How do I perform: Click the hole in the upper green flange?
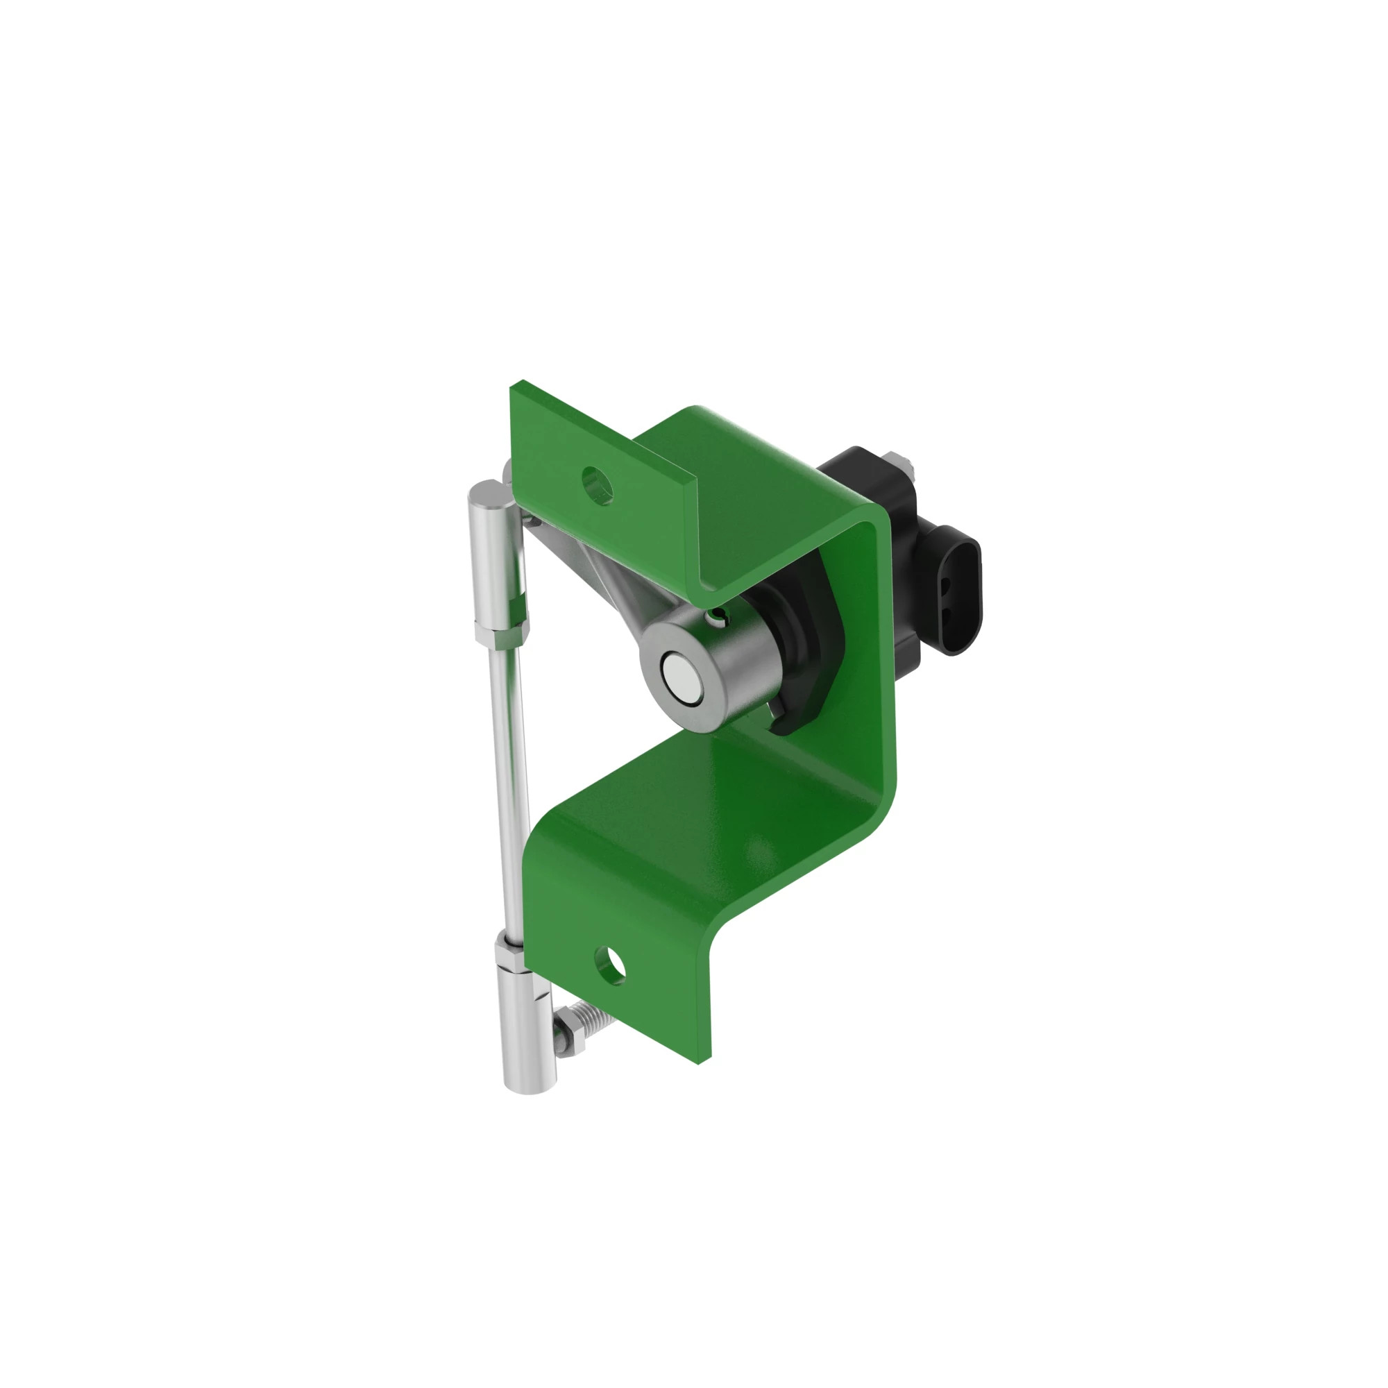598,484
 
